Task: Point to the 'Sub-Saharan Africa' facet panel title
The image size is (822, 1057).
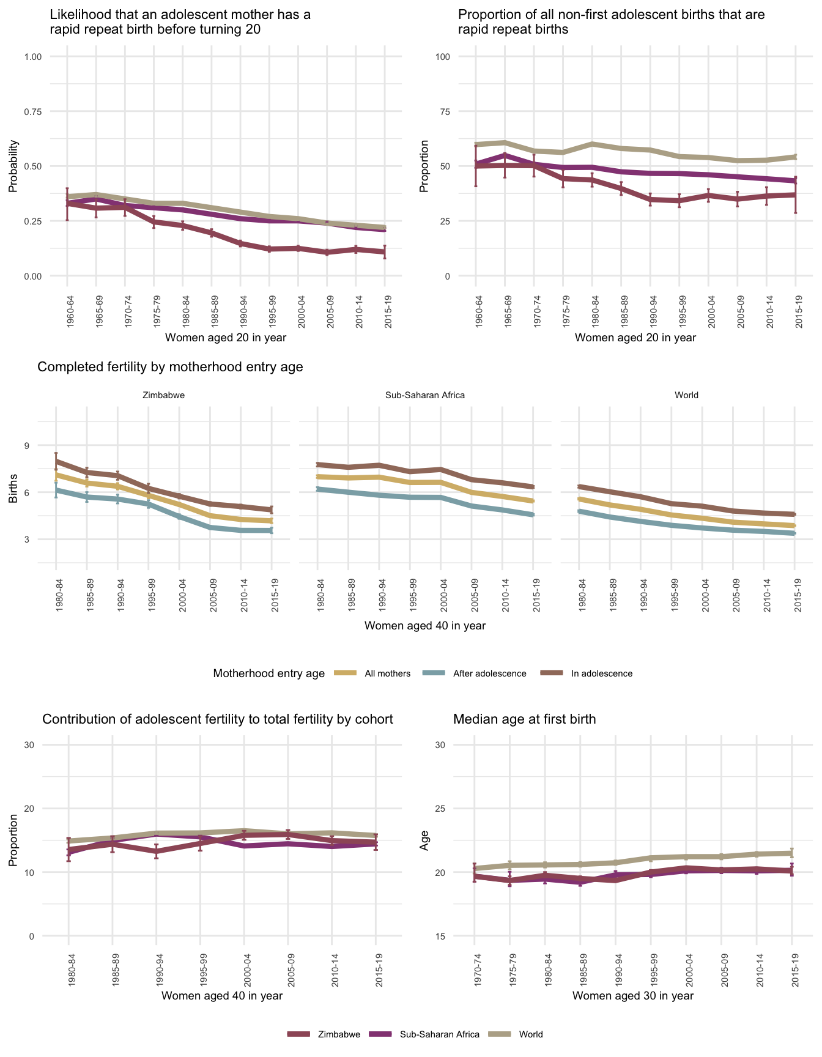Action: pos(425,395)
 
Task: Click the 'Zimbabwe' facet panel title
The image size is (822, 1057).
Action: pos(163,395)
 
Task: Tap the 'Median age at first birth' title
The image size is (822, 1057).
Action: pos(524,719)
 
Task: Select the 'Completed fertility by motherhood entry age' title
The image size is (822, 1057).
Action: pos(170,367)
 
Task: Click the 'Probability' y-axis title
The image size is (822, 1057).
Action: pos(13,166)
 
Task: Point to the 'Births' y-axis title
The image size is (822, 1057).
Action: pos(13,492)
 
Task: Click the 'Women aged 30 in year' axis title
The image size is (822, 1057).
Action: pos(633,996)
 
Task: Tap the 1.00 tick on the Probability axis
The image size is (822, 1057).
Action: pos(32,57)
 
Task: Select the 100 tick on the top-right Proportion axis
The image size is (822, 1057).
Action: pos(442,57)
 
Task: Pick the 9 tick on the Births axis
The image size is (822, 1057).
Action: pos(27,445)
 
